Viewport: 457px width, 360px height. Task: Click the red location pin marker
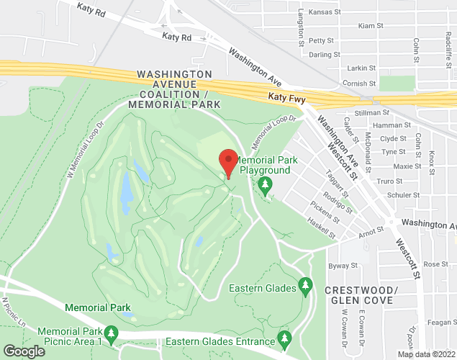[228, 162]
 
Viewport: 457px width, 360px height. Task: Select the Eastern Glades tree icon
[305, 287]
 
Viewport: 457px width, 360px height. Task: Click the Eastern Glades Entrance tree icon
[285, 338]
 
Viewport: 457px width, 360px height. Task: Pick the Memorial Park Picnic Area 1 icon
[111, 333]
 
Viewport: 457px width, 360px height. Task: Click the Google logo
[23, 351]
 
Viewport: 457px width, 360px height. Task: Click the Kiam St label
[370, 26]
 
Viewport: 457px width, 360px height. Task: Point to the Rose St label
[435, 264]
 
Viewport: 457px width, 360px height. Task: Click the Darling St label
[324, 55]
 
